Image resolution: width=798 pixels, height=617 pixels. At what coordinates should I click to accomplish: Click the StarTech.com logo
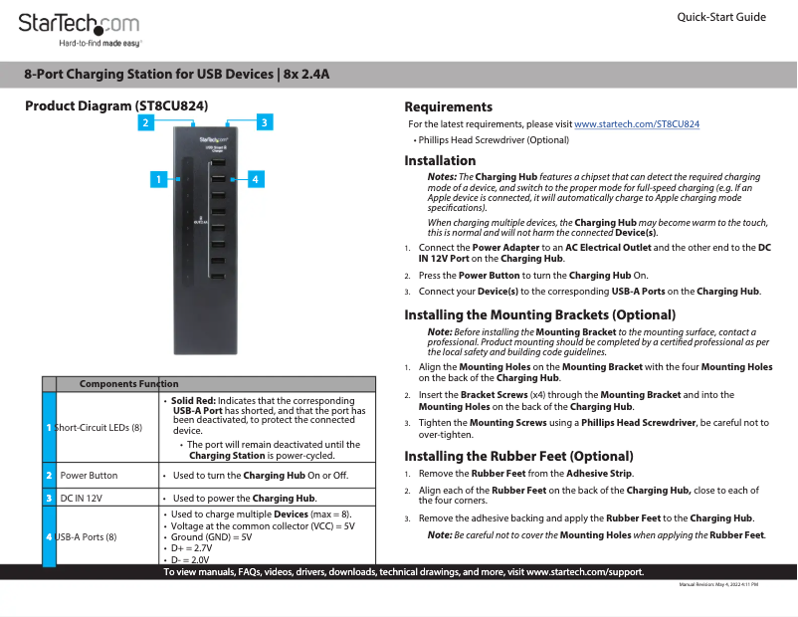point(81,25)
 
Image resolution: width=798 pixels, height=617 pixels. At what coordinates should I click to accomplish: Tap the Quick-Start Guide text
point(720,18)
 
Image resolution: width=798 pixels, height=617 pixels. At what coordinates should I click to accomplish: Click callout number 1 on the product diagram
point(157,179)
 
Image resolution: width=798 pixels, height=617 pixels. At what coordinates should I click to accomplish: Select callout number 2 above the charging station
point(146,122)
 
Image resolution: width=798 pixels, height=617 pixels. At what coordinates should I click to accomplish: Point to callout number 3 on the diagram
point(264,122)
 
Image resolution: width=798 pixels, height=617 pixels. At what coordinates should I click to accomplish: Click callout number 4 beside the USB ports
point(256,179)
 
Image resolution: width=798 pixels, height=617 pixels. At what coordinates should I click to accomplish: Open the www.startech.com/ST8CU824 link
point(637,124)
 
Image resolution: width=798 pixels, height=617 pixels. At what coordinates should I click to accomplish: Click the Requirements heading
point(448,106)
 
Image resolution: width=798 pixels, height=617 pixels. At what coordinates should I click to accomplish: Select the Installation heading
point(440,160)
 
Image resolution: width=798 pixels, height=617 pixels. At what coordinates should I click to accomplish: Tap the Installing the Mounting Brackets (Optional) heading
point(539,314)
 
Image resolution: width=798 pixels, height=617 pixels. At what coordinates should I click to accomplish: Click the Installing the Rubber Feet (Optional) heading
point(518,456)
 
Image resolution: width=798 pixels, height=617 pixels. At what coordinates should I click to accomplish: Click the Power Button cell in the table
point(89,476)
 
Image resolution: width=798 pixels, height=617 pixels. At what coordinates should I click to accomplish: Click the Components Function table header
point(128,384)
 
